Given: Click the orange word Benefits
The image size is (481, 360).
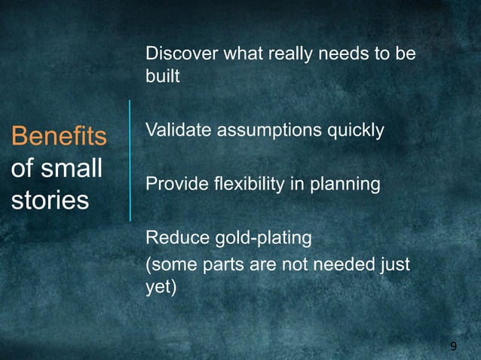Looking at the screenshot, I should tap(58, 138).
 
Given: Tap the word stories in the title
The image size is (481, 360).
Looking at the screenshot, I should tap(49, 201).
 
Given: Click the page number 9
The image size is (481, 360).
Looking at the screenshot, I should tap(453, 346).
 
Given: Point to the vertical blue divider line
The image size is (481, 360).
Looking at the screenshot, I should tap(130, 160).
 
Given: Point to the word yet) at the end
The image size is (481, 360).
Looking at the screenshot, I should tap(160, 288).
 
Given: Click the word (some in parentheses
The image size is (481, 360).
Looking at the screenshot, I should tap(169, 265).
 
